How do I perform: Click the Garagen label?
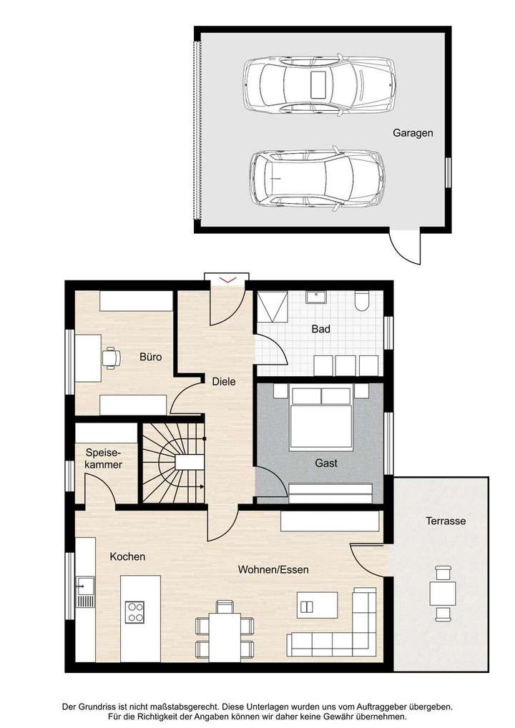pos(413,133)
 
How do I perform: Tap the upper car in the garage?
pos(318,84)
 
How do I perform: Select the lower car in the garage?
pos(317,177)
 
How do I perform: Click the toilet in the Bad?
pos(361,302)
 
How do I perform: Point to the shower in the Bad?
pos(272,308)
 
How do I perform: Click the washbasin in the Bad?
pos(315,297)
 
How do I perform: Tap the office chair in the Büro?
pos(111,357)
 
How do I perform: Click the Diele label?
pos(223,381)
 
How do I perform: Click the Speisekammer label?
pos(103,458)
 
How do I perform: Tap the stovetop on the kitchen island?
pos(134,611)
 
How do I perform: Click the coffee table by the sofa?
pos(307,605)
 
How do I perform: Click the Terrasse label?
pos(444,521)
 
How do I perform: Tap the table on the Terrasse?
pos(442,593)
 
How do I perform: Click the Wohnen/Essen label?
pos(273,570)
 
